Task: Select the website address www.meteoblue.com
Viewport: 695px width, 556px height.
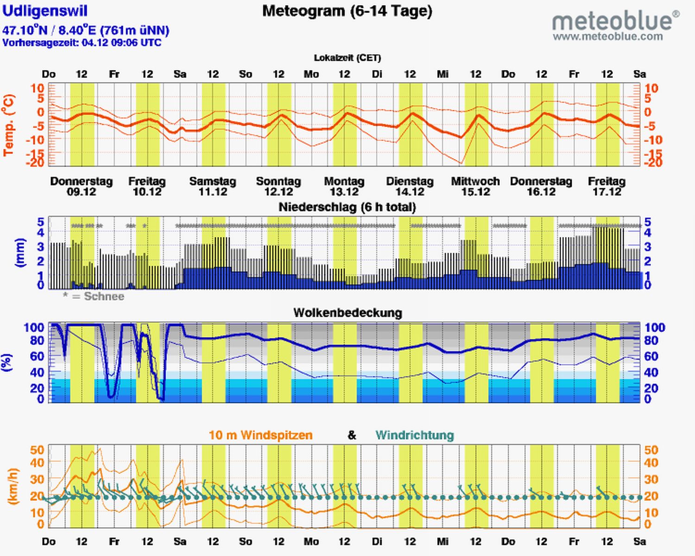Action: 607,37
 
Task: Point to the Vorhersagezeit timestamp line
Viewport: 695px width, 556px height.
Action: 82,43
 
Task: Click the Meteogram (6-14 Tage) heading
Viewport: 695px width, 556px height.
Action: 347,11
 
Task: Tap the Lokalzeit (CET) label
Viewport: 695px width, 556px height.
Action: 347,58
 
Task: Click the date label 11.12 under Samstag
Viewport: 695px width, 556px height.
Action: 213,192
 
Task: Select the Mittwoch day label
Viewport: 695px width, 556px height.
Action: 475,181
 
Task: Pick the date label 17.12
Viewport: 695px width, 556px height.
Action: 607,192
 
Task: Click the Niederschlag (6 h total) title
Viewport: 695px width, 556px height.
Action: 347,207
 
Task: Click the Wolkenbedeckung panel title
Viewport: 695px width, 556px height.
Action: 347,313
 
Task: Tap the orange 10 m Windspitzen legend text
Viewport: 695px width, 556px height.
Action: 260,436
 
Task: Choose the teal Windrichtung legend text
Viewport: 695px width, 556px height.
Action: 415,436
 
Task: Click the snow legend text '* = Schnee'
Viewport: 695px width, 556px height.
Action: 94,297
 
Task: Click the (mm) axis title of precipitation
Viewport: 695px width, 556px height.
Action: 20,253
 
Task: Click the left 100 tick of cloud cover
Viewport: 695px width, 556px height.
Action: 34,328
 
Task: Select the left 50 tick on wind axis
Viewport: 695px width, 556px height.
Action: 37,450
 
